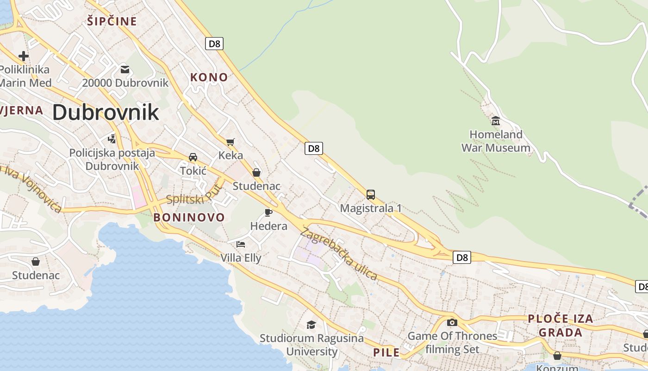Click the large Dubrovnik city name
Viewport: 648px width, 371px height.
click(x=106, y=113)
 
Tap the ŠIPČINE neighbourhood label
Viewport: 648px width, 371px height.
click(x=112, y=21)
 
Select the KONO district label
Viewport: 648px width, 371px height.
click(x=209, y=77)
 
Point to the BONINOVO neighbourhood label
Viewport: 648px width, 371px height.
click(x=189, y=217)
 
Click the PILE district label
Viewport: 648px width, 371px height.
click(x=386, y=352)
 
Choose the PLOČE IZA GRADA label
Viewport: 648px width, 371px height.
click(x=561, y=326)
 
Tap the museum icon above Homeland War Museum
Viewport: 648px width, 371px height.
click(x=496, y=121)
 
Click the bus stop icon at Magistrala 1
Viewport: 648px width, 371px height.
click(x=371, y=194)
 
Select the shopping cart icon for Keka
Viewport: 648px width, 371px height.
click(x=231, y=141)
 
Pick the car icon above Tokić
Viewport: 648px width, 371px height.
click(x=193, y=157)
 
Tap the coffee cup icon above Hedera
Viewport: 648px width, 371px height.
click(x=268, y=212)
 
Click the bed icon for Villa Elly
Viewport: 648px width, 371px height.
click(x=241, y=244)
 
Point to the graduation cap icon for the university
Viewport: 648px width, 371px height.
click(x=312, y=325)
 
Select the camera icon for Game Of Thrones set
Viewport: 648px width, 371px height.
click(x=452, y=322)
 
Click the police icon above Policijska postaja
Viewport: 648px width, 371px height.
click(x=112, y=138)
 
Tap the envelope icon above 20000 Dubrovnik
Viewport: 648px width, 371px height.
click(x=125, y=70)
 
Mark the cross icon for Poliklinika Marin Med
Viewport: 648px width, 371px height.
click(x=23, y=56)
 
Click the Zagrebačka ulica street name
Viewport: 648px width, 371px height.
click(x=339, y=254)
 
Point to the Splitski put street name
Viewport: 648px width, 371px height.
click(x=193, y=195)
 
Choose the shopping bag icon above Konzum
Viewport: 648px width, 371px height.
click(x=557, y=356)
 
